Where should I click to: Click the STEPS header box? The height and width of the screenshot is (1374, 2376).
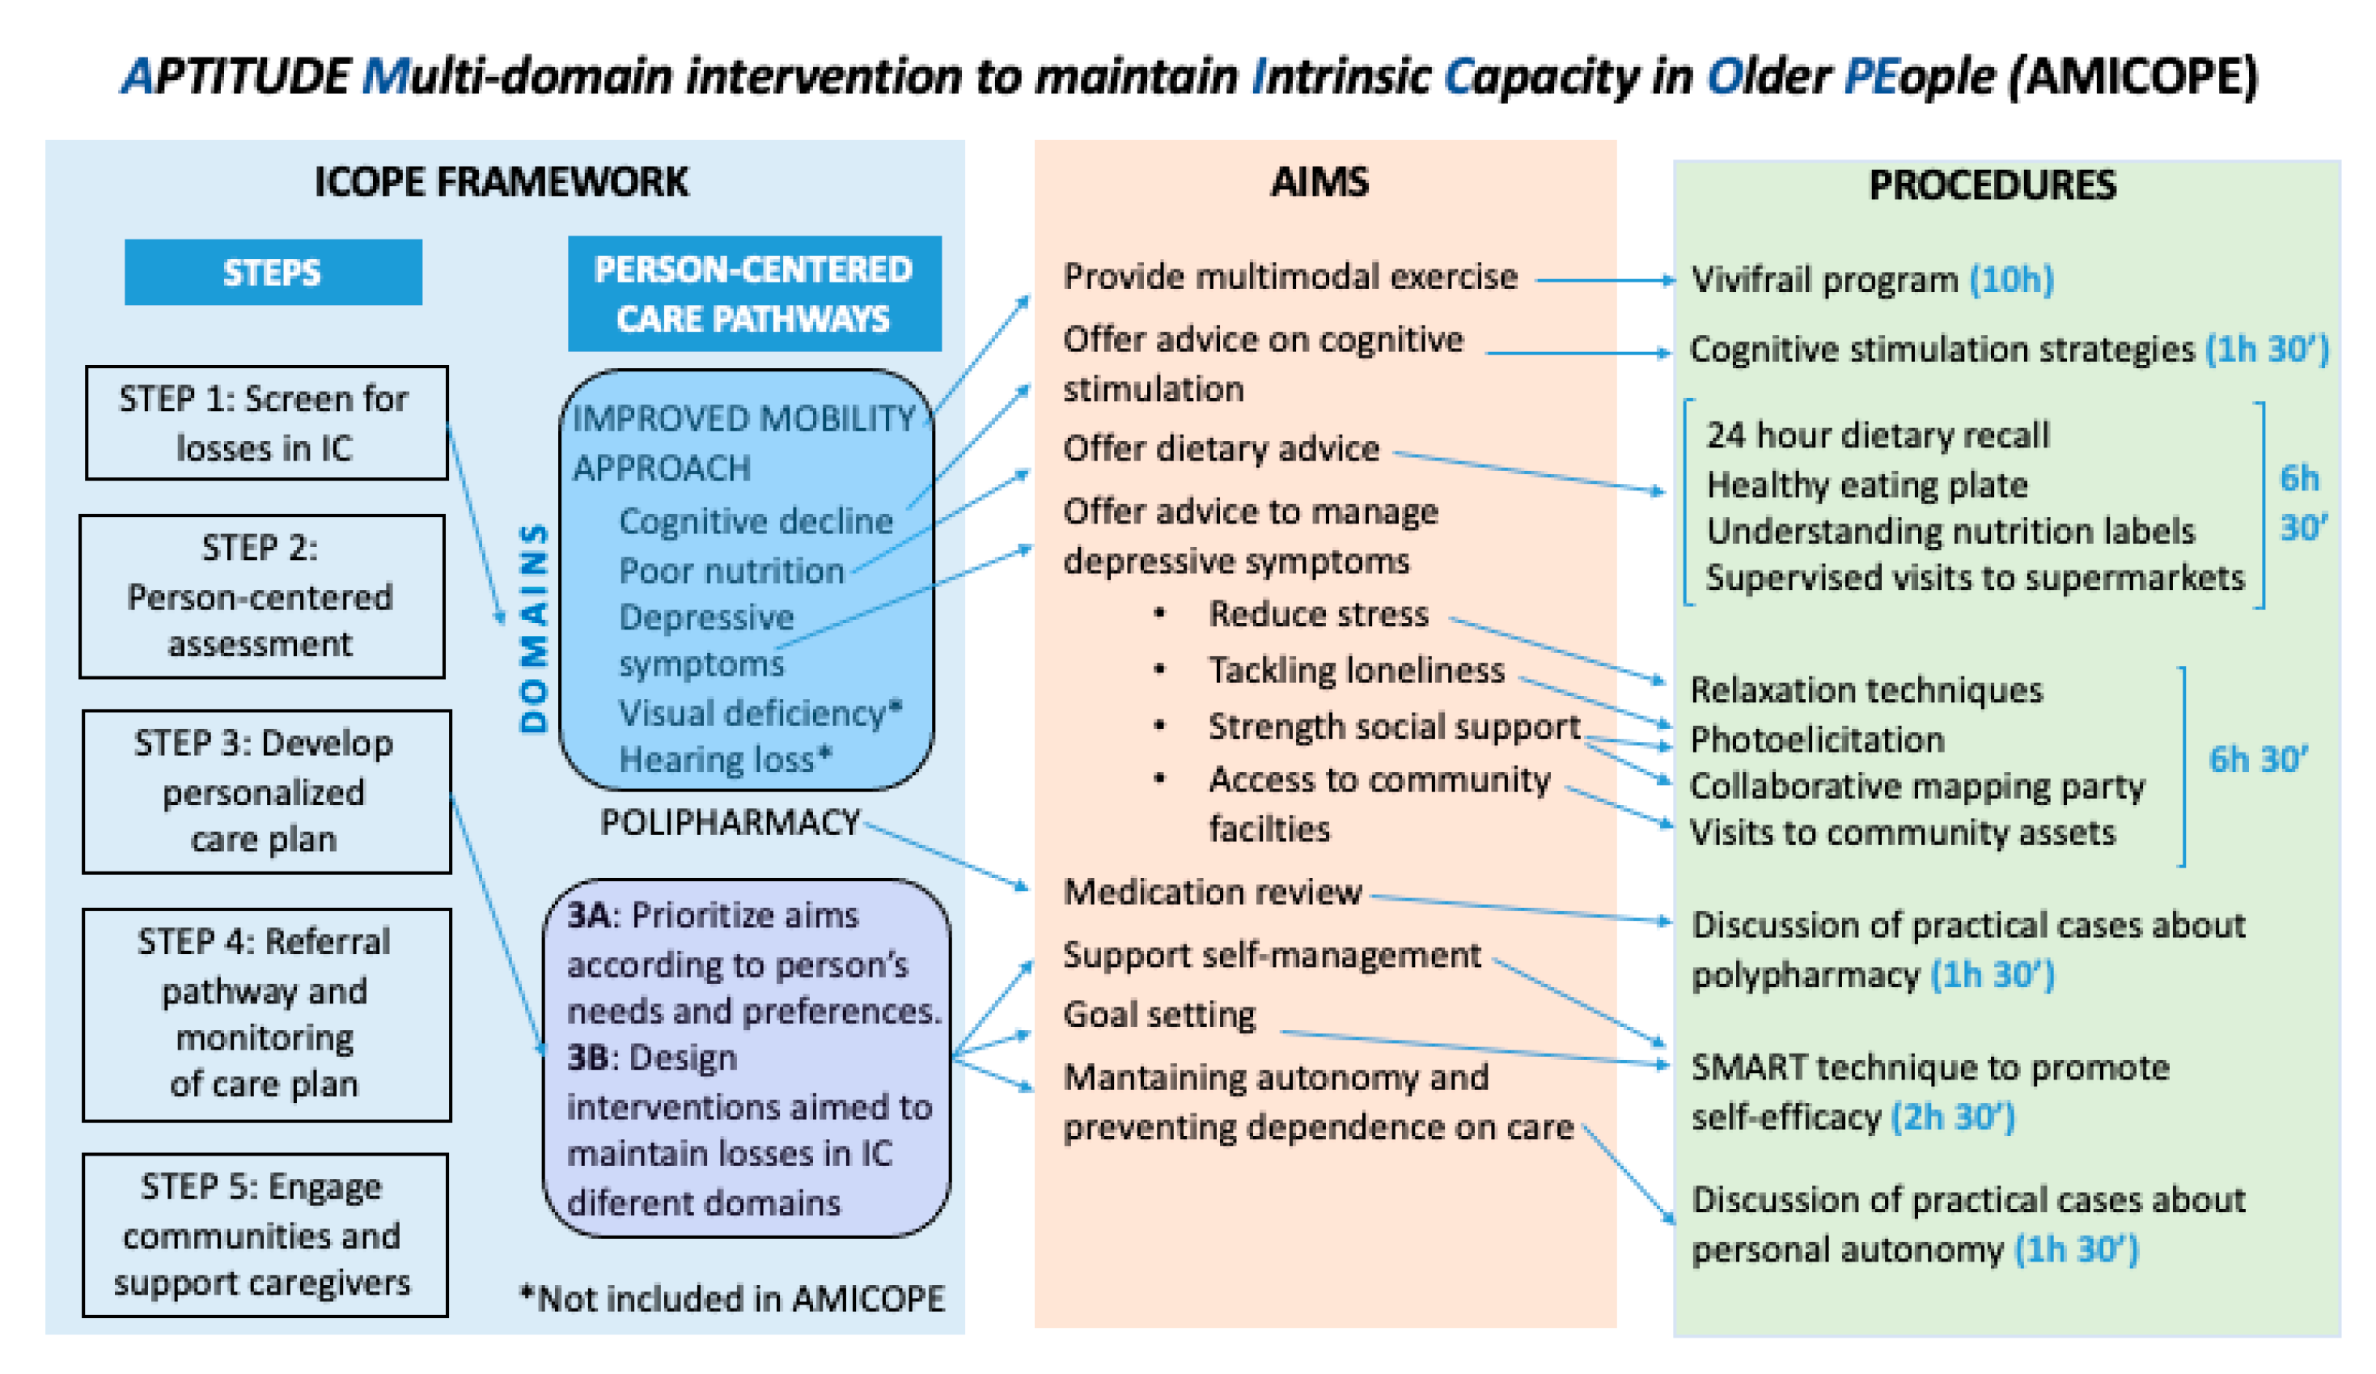(273, 273)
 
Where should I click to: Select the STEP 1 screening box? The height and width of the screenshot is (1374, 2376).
(266, 422)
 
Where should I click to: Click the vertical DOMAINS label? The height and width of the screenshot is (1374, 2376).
(534, 628)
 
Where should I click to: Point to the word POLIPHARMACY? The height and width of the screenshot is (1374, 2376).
(730, 822)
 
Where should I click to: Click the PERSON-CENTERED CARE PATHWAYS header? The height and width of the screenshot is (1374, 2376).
(753, 293)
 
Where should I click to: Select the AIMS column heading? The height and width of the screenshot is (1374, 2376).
(1320, 182)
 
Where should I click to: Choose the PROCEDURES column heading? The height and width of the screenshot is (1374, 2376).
(1993, 184)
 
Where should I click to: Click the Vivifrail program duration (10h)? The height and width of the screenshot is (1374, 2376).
(2011, 279)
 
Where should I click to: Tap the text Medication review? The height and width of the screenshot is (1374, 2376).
(1213, 891)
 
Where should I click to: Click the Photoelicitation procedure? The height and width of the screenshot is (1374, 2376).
(1817, 740)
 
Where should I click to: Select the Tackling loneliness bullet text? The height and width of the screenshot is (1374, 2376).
(1357, 669)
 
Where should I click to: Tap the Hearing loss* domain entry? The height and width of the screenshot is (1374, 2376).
(725, 759)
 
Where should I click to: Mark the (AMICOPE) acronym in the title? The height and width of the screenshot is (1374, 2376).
(2132, 75)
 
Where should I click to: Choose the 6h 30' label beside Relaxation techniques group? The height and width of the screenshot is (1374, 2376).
(2258, 759)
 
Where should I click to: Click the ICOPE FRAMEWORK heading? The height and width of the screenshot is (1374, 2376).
(501, 182)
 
